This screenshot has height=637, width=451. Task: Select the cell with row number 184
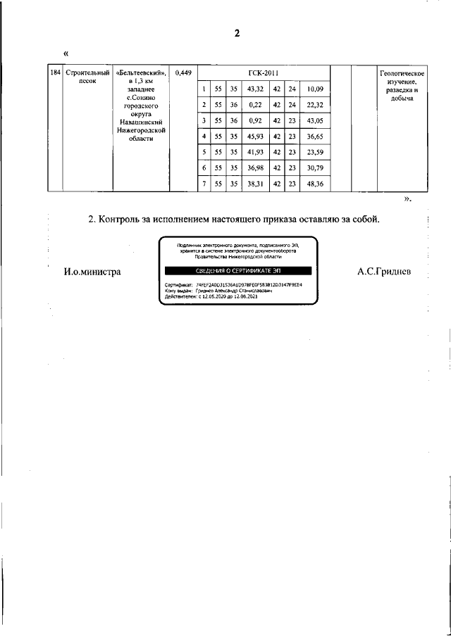pyautogui.click(x=55, y=73)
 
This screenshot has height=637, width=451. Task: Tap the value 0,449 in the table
pyautogui.click(x=182, y=73)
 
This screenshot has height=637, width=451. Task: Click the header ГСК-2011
pyautogui.click(x=264, y=73)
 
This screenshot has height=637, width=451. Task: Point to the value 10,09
pyautogui.click(x=314, y=89)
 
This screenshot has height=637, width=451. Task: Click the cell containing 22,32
pyautogui.click(x=314, y=105)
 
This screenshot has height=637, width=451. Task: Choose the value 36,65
pyautogui.click(x=314, y=136)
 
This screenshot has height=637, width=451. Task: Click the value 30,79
pyautogui.click(x=314, y=168)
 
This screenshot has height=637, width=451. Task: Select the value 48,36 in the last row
pyautogui.click(x=314, y=184)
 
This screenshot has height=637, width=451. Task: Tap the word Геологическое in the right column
pyautogui.click(x=401, y=73)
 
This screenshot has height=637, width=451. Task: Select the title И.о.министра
pyautogui.click(x=92, y=272)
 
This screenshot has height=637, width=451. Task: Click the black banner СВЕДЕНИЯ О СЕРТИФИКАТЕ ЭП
pyautogui.click(x=239, y=271)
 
